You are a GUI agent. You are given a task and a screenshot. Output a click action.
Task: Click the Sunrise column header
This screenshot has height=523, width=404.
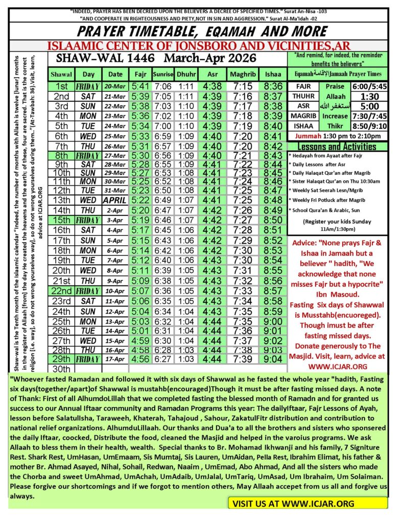(164, 75)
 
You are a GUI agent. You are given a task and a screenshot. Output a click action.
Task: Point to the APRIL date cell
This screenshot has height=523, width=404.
(115, 213)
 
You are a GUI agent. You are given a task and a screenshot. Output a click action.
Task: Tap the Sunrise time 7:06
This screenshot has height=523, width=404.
(163, 87)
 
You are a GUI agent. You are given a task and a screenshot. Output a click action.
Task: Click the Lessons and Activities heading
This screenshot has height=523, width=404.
(339, 146)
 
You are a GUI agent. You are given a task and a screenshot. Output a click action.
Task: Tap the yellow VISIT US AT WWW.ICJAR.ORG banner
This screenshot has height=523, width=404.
(307, 503)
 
